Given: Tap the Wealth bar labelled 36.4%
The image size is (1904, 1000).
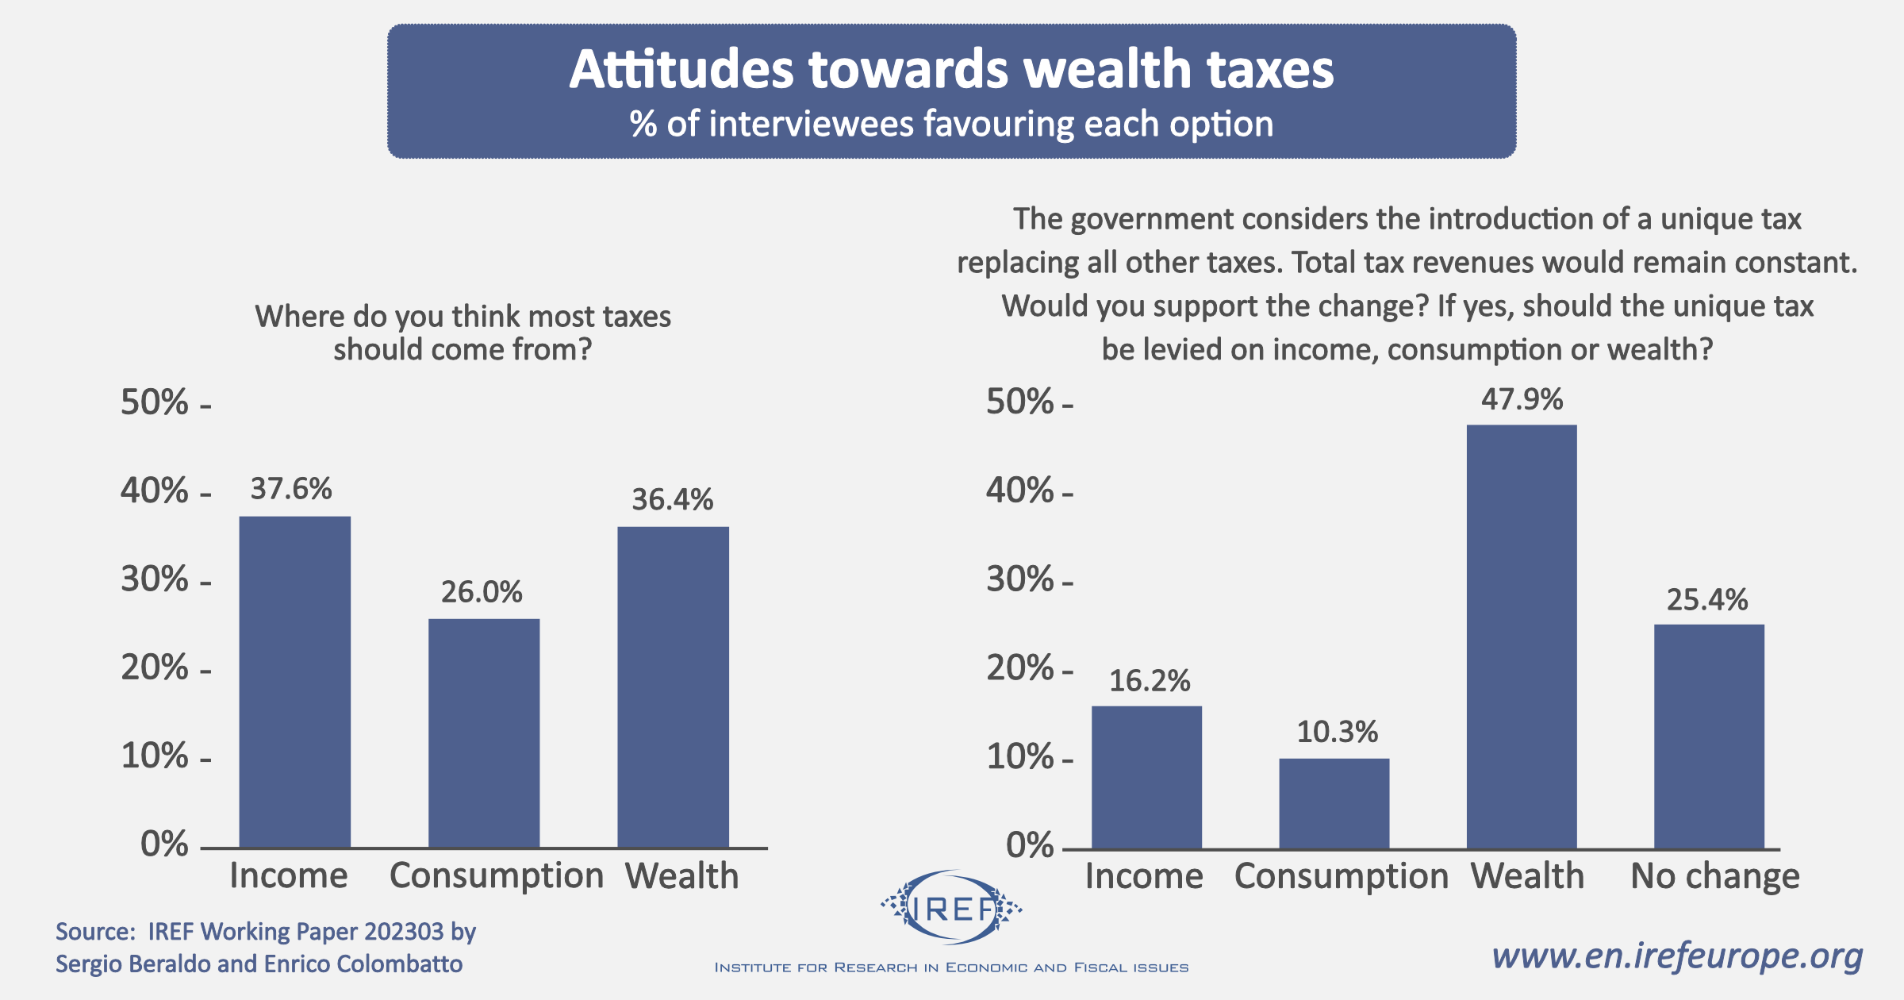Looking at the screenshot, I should tap(673, 687).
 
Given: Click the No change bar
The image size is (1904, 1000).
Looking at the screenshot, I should tap(1709, 736).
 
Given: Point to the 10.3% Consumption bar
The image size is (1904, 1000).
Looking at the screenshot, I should tap(1334, 802).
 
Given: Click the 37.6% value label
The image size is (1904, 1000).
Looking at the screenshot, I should tap(291, 489).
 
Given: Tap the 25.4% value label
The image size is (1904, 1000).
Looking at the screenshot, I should tap(1707, 600).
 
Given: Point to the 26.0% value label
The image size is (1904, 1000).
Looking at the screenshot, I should tap(482, 592).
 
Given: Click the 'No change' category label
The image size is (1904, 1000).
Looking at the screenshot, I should tap(1714, 876).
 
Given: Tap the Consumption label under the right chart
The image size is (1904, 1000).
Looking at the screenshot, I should tap(1342, 876).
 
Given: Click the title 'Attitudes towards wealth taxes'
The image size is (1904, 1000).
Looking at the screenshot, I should tap(951, 69).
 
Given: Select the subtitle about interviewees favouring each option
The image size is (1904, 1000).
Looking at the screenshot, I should tap(951, 125).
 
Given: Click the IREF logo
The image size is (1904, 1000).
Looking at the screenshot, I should tap(951, 908).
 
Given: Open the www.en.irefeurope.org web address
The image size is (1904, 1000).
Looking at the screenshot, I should tap(1677, 956).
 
